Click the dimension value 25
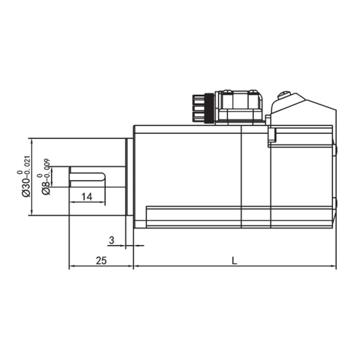[101, 260]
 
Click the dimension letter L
[234, 260]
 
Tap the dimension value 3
[111, 240]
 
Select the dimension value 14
[87, 197]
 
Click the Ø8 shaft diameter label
[46, 188]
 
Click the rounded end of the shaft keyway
[103, 177]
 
